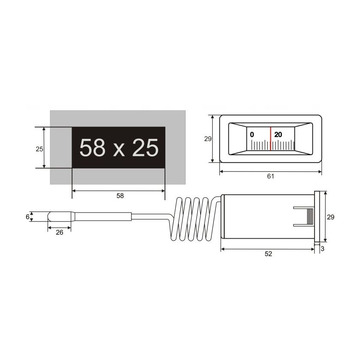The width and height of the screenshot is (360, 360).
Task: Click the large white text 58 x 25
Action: [119, 147]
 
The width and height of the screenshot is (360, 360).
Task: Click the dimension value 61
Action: [271, 176]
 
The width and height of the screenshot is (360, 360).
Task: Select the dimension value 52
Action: [268, 254]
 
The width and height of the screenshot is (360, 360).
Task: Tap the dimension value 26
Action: [60, 233]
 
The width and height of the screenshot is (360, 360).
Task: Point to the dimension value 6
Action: [27, 217]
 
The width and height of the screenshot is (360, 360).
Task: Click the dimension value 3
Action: [323, 249]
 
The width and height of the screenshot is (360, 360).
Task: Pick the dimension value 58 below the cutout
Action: [120, 196]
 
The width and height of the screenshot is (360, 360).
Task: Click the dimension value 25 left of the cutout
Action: [39, 149]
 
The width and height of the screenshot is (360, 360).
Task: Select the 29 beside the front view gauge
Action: [208, 139]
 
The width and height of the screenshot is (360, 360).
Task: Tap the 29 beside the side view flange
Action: [330, 217]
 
